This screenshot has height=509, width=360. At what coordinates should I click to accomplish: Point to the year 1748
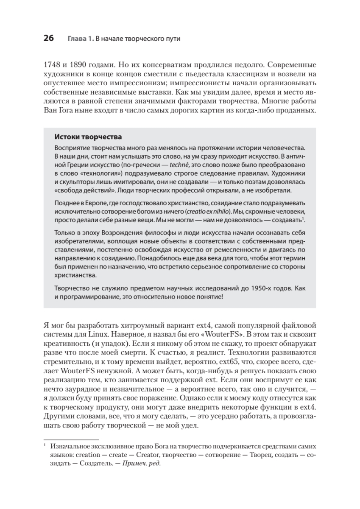coord(53,66)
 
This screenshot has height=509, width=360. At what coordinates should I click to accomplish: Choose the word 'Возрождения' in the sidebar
coord(122,234)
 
